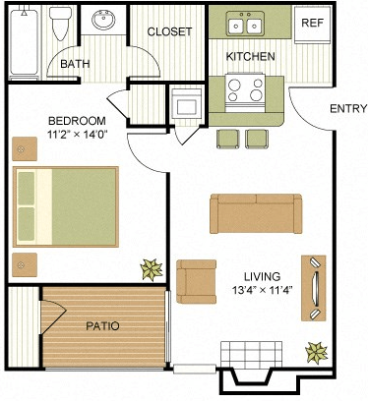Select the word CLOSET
(169, 31)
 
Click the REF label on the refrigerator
(312, 22)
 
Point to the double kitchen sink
(243, 24)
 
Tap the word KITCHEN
(250, 57)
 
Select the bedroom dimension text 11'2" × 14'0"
(76, 138)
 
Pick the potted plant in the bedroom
(151, 266)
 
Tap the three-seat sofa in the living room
(256, 211)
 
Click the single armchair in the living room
(197, 281)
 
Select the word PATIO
(102, 325)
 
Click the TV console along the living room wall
(315, 288)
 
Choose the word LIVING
(264, 276)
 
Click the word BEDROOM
(76, 122)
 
